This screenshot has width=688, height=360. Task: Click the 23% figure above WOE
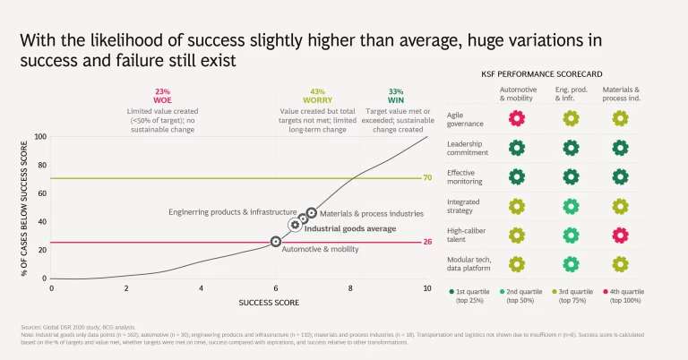162,91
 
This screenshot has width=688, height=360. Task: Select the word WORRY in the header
317,101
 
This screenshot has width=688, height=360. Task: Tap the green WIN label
396,101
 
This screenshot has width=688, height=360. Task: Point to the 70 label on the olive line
427,178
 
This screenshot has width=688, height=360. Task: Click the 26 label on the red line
427,242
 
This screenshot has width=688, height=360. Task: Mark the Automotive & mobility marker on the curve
276,242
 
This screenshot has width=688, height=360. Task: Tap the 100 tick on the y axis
39,137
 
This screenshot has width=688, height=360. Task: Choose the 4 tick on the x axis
202,287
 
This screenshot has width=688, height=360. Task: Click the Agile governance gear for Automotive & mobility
517,118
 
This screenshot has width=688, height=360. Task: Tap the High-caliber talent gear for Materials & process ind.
619,235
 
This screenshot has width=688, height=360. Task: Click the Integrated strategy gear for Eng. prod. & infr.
570,206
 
